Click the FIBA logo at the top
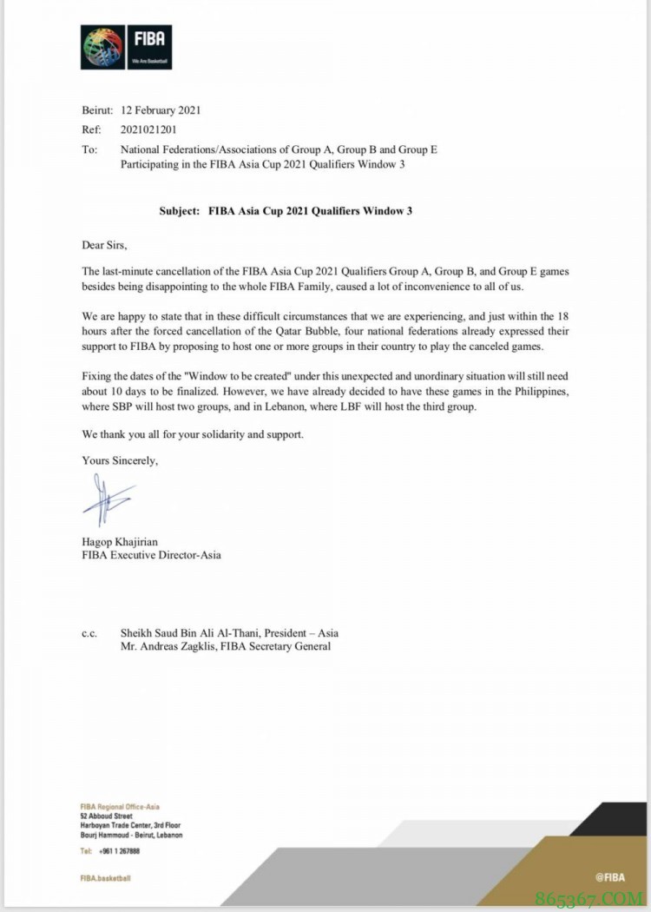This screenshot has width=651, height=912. pos(126,47)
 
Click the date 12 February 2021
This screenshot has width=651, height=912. pos(161,110)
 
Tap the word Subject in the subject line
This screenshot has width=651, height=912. pos(180,210)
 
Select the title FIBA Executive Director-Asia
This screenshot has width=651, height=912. pos(151,555)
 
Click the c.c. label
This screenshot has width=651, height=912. pos(89,633)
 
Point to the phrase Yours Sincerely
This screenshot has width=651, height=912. pos(120,460)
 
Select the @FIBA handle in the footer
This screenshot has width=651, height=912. pos(610,877)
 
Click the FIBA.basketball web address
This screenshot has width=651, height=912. pos(105,878)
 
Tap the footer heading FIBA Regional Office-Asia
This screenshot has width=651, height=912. pos(120,807)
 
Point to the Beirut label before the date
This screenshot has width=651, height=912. pos(96,110)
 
